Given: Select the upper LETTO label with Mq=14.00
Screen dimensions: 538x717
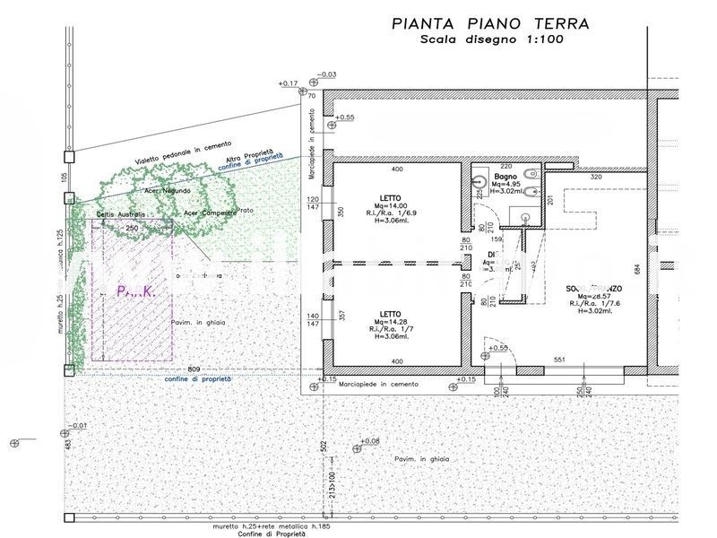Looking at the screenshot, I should point(390,198).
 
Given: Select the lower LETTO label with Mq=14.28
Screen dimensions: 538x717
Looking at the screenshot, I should point(390,315).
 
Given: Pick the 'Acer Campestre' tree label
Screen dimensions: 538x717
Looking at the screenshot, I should point(209,213).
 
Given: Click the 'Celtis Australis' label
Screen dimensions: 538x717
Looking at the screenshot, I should point(120,215).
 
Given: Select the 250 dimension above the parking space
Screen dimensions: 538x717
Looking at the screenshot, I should point(132,228).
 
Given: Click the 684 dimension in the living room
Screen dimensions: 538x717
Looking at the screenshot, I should point(637,270).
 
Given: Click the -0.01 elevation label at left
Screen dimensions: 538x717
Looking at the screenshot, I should point(79,426).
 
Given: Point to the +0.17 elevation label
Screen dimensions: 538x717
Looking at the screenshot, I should point(288,83).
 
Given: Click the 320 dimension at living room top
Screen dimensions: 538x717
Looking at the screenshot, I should point(595,177).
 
